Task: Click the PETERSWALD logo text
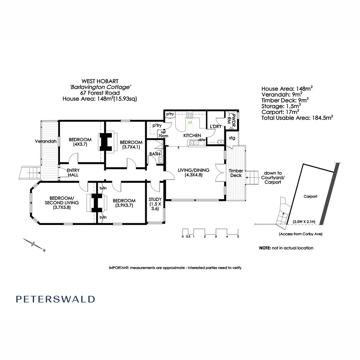point(55,299)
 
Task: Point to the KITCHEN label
point(192,136)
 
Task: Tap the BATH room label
point(154,154)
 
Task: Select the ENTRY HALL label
point(73,172)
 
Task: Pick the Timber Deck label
point(236,173)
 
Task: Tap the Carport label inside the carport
point(310,196)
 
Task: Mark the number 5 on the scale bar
point(238,236)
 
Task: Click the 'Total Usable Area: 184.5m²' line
point(297,117)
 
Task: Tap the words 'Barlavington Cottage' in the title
point(100,87)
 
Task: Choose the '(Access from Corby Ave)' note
point(300,234)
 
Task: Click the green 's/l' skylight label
point(190,123)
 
